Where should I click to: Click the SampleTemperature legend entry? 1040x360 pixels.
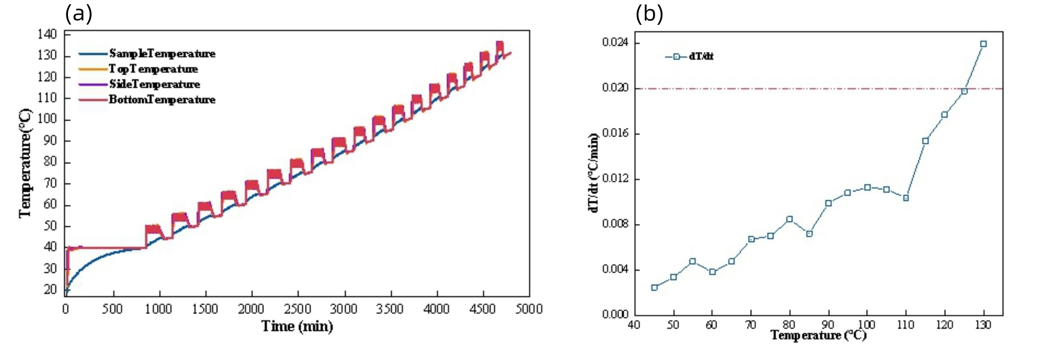click(162, 54)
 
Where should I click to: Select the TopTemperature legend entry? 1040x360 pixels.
click(153, 69)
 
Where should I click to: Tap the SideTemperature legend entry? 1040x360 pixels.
click(154, 84)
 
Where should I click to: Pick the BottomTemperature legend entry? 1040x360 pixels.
click(162, 100)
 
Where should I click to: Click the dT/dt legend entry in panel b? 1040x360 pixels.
click(701, 56)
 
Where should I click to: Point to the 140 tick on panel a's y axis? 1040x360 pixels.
click(47, 34)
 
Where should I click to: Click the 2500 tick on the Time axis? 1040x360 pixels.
click(298, 309)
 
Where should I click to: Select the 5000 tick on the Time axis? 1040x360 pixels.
click(529, 309)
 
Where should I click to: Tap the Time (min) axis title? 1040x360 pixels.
click(297, 326)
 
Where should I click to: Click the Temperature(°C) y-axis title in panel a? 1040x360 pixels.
click(25, 164)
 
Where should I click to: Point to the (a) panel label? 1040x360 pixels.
click(79, 14)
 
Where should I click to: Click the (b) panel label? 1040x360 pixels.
click(649, 14)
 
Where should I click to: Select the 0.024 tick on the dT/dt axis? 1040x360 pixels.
click(616, 42)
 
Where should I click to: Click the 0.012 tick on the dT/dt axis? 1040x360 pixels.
click(616, 179)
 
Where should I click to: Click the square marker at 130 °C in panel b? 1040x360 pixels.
click(984, 44)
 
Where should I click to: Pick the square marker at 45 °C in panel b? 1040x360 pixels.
click(654, 287)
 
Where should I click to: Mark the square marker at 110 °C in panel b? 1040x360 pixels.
click(906, 198)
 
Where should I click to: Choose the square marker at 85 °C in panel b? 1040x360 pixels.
click(809, 234)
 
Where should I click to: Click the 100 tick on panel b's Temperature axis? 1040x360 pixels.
click(867, 325)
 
